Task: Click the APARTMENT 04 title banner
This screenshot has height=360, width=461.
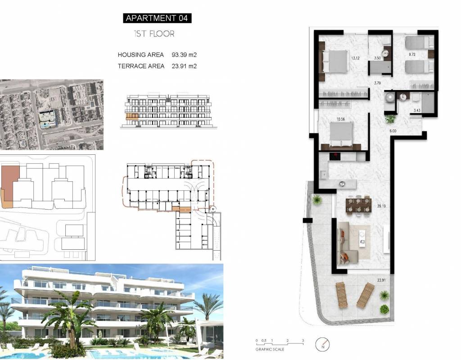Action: (x=157, y=18)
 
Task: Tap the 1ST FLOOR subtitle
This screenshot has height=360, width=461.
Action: (x=154, y=34)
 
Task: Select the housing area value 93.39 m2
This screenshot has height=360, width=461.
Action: (x=184, y=54)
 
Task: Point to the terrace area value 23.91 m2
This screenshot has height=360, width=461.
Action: (x=184, y=66)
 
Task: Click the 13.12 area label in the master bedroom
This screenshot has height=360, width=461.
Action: (x=355, y=58)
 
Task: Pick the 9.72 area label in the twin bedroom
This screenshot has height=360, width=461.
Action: (x=412, y=54)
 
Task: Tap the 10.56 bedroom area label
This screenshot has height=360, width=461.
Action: (x=340, y=119)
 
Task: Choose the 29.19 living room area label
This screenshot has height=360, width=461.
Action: (x=381, y=206)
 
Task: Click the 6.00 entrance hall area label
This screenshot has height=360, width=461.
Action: (x=393, y=131)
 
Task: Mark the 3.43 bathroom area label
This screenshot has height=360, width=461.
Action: (x=416, y=111)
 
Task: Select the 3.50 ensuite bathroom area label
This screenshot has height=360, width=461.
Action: (x=377, y=58)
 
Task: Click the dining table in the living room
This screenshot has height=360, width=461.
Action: (x=359, y=205)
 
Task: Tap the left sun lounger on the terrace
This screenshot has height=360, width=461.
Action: (x=342, y=294)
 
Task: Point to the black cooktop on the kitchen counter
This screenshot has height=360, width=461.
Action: (x=334, y=156)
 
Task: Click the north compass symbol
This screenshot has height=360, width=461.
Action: (x=322, y=344)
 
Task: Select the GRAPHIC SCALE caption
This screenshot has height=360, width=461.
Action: (x=270, y=349)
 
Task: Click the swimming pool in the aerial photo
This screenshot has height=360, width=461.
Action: (x=45, y=125)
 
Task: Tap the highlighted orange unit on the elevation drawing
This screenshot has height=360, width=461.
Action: (x=132, y=117)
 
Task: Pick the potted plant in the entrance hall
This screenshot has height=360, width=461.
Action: (x=391, y=119)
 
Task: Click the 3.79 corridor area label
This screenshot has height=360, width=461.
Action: (x=377, y=83)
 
